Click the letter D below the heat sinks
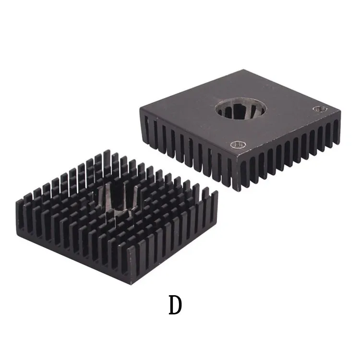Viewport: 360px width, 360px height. pos(175,305)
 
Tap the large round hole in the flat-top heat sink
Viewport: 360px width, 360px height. pos(240,108)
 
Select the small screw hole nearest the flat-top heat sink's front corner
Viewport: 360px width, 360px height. pos(238,144)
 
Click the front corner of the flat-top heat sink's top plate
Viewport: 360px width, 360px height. pos(236,156)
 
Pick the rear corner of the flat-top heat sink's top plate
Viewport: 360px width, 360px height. pos(243,70)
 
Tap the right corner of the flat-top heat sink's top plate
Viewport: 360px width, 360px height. pos(340,111)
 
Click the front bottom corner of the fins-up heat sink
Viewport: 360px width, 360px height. pos(131,284)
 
